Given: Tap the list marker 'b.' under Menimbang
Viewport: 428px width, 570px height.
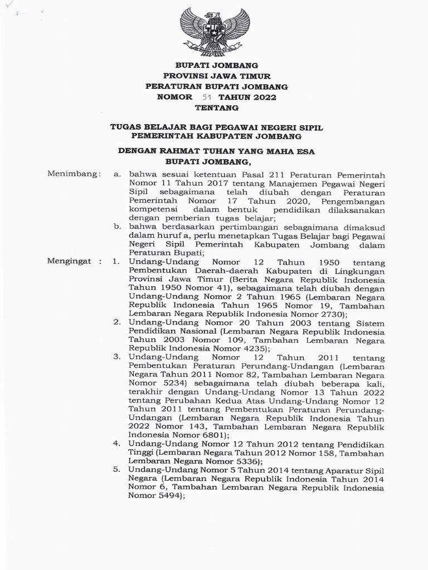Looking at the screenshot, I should coord(118,227).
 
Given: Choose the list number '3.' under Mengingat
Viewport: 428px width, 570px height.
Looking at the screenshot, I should coord(118,356).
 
